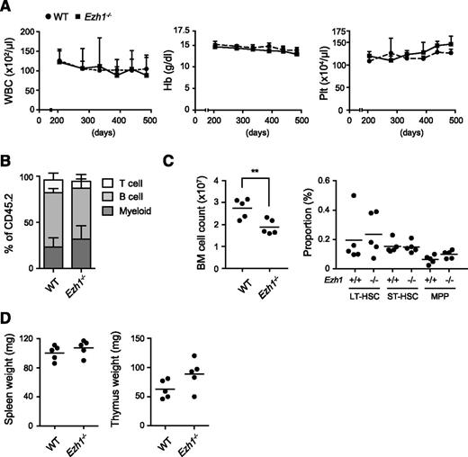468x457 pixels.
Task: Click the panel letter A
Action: (x=6, y=8)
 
